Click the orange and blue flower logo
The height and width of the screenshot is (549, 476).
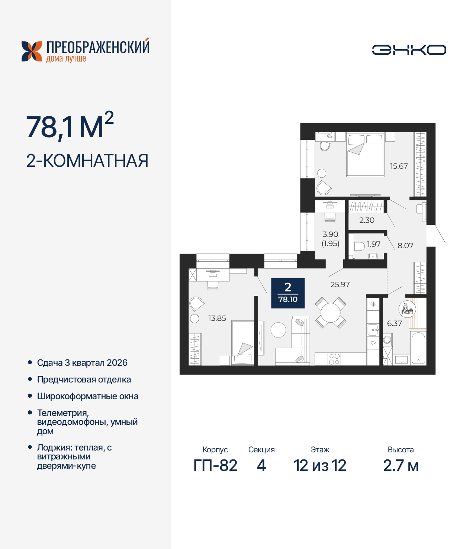[x=32, y=51]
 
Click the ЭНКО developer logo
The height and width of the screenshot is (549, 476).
[x=409, y=50]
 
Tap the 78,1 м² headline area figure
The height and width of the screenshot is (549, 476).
[x=70, y=127]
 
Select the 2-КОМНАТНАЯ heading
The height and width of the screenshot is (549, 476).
[x=87, y=161]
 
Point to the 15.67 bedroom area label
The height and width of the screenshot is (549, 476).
[x=399, y=166]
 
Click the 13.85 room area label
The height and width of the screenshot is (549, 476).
[x=217, y=318]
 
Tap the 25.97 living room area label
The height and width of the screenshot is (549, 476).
[x=340, y=284]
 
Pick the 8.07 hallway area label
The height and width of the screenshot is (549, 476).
[x=405, y=245]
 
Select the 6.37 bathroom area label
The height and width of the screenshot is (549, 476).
[x=394, y=323]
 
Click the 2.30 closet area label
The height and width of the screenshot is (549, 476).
[x=367, y=220]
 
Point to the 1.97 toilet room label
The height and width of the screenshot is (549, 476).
[x=374, y=244]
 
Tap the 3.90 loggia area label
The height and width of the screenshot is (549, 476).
[x=330, y=235]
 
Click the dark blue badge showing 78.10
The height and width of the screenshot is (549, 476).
[x=288, y=293]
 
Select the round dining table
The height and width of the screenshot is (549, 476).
[x=331, y=313]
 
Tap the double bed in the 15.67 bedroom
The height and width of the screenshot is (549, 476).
[x=365, y=155]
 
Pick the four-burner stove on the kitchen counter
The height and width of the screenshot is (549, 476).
[x=334, y=359]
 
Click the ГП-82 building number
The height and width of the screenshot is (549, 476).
[x=215, y=465]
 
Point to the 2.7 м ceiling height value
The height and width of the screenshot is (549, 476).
[x=401, y=465]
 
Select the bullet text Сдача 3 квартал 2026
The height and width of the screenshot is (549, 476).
[x=82, y=363]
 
